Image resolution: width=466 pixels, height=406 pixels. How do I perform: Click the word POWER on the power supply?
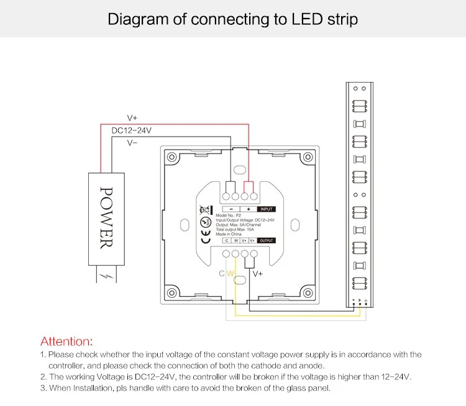pos(106,217)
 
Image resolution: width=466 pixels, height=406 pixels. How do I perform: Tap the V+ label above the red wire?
pos(132,118)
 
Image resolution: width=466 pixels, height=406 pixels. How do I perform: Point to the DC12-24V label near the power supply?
pos(131,130)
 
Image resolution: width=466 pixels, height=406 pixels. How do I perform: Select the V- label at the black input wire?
pos(132,143)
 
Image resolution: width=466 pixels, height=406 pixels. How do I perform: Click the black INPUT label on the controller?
pos(265,209)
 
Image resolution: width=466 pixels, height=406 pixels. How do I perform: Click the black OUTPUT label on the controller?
pos(265,240)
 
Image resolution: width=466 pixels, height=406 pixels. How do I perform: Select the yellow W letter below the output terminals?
pos(230,274)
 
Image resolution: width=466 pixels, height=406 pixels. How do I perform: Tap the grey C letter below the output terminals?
pos(222,274)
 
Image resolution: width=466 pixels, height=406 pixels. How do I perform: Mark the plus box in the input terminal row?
pos(248,209)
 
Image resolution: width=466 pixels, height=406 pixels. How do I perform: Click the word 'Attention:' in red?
pos(66,341)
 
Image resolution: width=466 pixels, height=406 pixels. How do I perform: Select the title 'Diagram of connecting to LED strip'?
pos(233,19)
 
